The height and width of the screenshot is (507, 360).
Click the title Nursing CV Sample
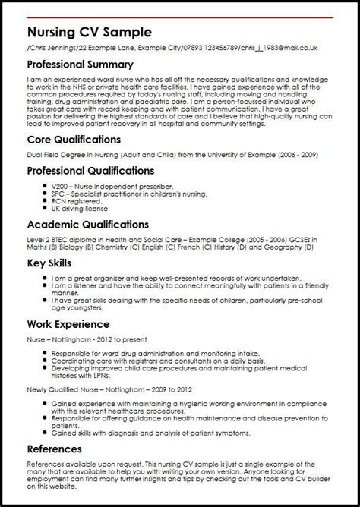click(x=89, y=33)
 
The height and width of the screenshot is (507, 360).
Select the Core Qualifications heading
click(x=74, y=140)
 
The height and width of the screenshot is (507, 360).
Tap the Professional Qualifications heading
click(x=90, y=171)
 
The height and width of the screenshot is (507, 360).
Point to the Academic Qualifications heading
click(x=87, y=225)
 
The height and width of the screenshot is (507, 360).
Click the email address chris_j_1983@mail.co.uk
click(x=280, y=48)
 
